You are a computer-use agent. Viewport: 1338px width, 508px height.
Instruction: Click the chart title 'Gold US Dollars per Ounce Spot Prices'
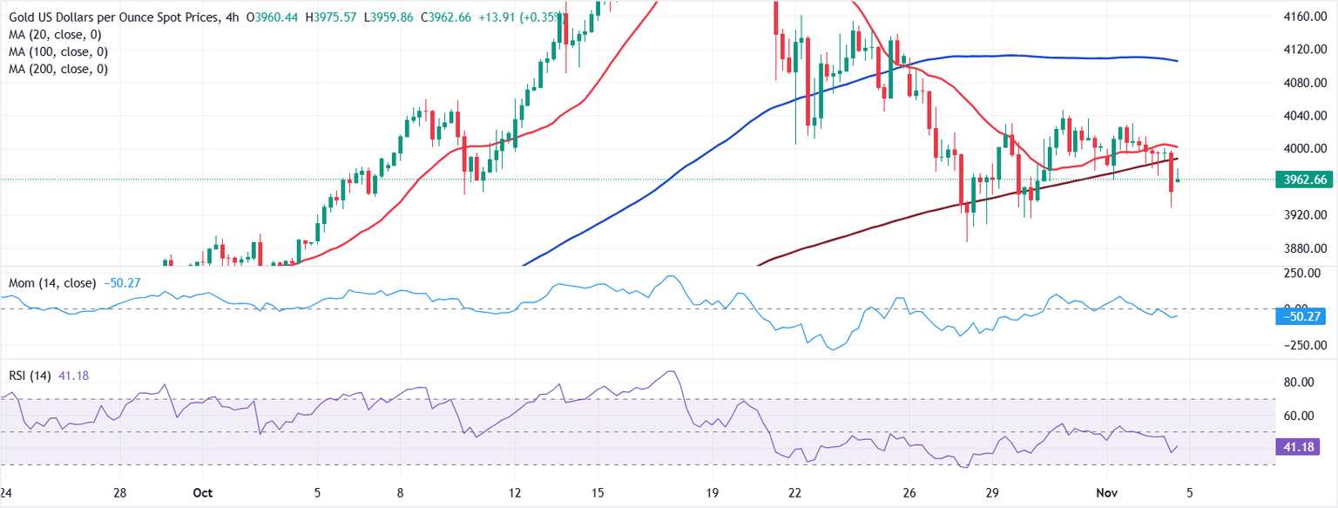click(118, 17)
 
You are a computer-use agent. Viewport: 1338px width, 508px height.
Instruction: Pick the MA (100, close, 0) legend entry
click(60, 51)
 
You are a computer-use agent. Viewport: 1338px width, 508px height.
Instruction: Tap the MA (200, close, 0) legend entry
click(60, 69)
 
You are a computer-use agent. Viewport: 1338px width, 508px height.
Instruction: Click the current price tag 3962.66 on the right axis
click(1300, 180)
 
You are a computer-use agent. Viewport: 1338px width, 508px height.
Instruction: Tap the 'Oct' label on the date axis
click(202, 493)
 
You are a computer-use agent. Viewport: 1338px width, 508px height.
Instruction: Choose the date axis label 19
click(713, 493)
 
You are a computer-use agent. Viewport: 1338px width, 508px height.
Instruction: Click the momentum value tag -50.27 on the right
click(1299, 317)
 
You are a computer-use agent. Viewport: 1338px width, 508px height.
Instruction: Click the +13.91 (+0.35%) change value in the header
click(524, 17)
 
